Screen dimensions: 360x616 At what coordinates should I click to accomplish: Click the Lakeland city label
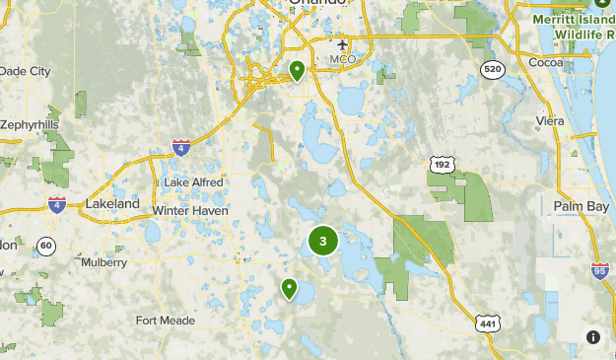[x=112, y=203]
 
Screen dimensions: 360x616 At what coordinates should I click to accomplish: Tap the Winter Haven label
[x=190, y=211]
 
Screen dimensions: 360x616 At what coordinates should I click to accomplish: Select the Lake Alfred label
[x=193, y=182]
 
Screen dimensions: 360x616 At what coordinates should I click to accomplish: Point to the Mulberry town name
[x=103, y=263]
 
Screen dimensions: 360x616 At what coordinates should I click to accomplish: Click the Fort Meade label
[x=165, y=321]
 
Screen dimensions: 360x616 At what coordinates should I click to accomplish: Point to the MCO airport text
[x=342, y=60]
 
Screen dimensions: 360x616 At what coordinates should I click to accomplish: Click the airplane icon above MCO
[x=343, y=44]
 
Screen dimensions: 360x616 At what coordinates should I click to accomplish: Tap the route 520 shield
[x=493, y=69]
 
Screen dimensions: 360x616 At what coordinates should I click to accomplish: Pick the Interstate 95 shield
[x=600, y=269]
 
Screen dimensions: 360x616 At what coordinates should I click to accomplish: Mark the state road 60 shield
[x=45, y=245]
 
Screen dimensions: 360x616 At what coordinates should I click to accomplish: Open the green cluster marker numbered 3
[x=323, y=241]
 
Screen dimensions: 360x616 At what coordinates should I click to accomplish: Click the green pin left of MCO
[x=297, y=70]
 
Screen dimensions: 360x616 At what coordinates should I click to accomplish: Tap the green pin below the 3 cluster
[x=289, y=288]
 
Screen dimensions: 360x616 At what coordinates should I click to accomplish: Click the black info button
[x=592, y=336]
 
